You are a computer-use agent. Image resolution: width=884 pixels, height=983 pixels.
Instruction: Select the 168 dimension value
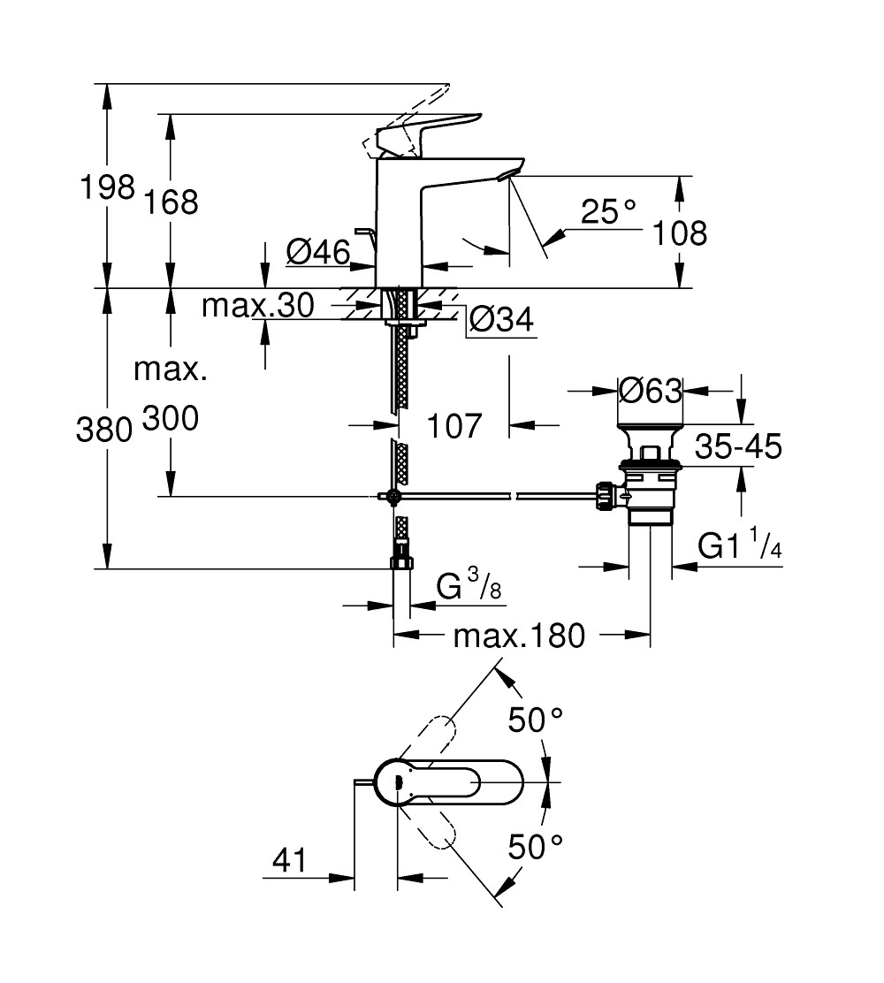coord(171,202)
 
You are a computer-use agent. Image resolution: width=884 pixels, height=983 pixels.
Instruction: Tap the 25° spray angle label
coord(607,212)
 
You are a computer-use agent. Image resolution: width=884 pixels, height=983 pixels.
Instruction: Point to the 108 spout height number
coord(680,233)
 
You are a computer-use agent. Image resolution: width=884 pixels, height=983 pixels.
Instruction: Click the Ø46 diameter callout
coord(318,253)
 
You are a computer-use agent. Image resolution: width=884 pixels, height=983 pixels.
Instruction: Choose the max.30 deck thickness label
coord(258,306)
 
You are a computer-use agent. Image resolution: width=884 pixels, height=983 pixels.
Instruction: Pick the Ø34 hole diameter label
coord(501,320)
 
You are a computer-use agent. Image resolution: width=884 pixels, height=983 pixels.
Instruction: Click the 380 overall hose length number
coord(104,431)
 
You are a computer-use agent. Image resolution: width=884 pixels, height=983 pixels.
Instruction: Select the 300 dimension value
coord(171,418)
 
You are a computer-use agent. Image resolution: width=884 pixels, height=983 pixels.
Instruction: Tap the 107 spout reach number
coord(454,426)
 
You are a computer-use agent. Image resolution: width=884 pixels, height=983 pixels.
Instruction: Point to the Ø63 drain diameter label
coord(650,391)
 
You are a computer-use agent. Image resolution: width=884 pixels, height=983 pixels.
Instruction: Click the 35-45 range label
coord(738,447)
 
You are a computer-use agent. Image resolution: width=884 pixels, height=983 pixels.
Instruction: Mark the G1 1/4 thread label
coord(740,545)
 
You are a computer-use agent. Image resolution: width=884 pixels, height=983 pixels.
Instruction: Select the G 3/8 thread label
coord(469,585)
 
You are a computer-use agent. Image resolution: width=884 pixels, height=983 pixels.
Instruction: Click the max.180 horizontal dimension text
coord(519,636)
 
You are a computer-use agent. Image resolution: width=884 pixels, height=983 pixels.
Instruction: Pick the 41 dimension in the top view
coord(290,860)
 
